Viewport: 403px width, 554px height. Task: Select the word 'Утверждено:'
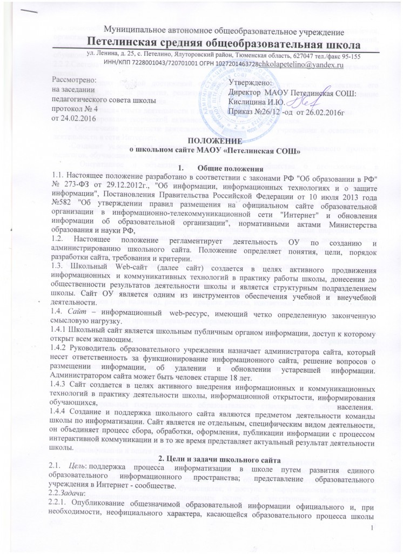click(x=252, y=83)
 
